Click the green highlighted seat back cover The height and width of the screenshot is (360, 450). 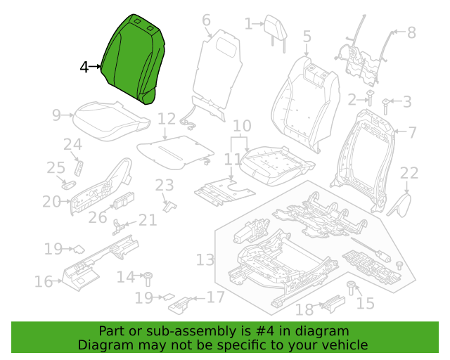tap(133, 59)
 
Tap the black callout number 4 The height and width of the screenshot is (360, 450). tap(84, 67)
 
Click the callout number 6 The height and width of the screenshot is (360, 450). tap(206, 20)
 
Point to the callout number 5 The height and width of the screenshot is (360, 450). tap(307, 37)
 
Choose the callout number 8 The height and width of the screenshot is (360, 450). tap(411, 32)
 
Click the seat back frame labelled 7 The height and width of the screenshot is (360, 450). tap(363, 161)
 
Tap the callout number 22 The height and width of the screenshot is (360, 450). tap(409, 173)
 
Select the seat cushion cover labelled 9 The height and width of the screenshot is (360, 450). tap(111, 120)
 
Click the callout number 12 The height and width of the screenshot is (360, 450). tap(167, 119)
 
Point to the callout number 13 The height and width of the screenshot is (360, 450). tap(205, 260)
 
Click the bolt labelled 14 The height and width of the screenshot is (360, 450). tap(148, 278)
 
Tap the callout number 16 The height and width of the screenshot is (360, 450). tap(44, 281)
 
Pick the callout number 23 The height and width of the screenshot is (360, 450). tap(165, 185)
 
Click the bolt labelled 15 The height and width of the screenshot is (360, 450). tap(351, 288)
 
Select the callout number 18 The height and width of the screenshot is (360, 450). tap(304, 310)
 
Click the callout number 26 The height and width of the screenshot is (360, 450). tap(98, 217)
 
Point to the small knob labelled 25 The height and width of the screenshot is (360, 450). tap(69, 184)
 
